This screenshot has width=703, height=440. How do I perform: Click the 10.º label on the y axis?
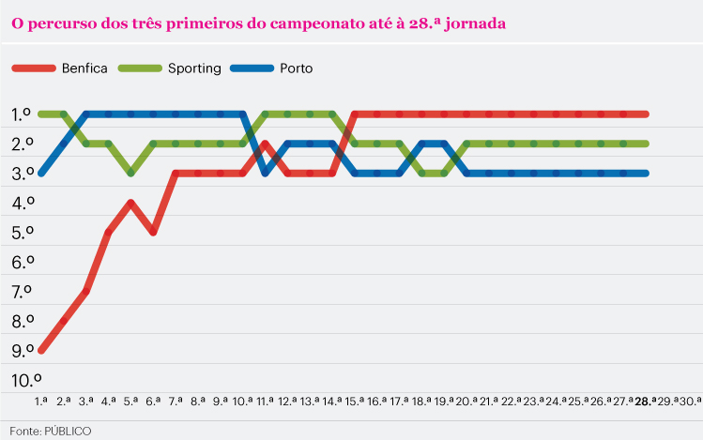click(25, 380)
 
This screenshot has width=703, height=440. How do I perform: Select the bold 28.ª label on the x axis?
click(644, 401)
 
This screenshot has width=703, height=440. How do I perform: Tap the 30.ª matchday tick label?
click(689, 401)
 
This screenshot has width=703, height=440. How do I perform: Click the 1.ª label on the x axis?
click(41, 401)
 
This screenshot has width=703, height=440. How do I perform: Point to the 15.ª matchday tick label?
click(354, 401)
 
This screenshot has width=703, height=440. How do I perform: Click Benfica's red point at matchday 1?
click(41, 350)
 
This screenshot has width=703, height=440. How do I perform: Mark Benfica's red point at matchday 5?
click(131, 203)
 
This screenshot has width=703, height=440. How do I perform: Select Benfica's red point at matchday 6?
click(153, 232)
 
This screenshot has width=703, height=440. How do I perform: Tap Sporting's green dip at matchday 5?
click(131, 173)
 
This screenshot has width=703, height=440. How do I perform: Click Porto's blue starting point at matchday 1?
click(41, 173)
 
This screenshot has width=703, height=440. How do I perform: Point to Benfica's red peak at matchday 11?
click(266, 144)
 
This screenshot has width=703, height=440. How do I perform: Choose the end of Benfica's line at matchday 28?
click(644, 114)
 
